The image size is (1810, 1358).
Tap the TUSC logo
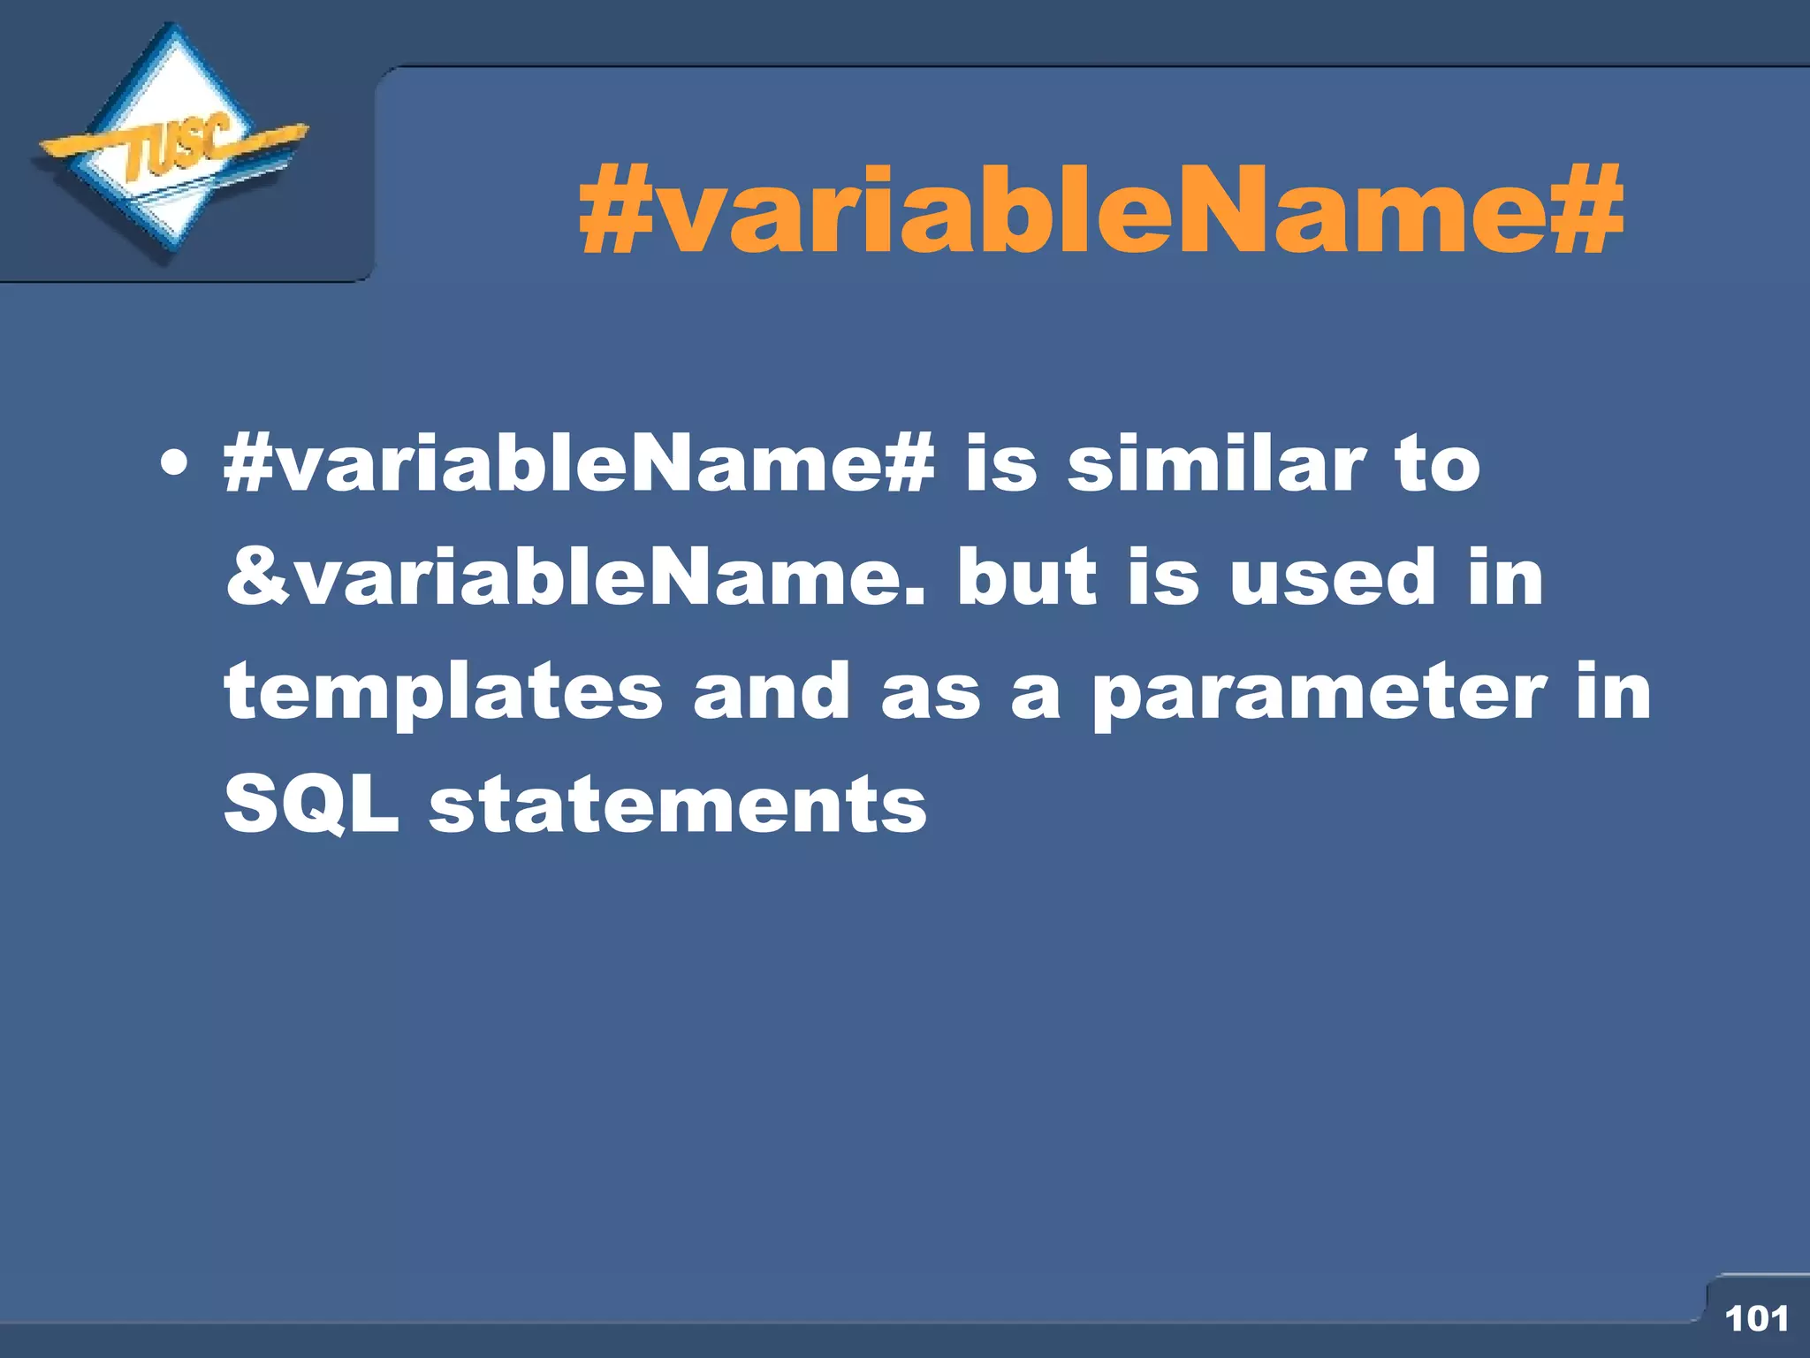click(x=172, y=146)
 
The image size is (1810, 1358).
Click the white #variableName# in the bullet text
click(x=579, y=463)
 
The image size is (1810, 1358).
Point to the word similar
click(x=1216, y=463)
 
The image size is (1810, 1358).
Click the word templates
click(x=443, y=692)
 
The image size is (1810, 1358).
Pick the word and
click(x=772, y=692)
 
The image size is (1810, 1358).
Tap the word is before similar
click(x=1000, y=463)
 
